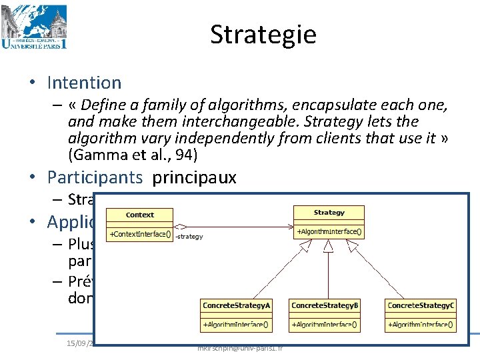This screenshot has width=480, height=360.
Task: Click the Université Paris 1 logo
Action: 34,27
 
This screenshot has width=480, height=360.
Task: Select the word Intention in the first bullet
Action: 84,83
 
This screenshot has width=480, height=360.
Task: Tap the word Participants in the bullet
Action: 95,177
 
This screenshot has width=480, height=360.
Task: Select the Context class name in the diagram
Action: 139,215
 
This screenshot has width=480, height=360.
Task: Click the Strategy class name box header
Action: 329,213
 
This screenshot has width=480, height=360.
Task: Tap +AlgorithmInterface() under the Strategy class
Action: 329,232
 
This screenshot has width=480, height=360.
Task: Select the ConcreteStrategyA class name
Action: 236,305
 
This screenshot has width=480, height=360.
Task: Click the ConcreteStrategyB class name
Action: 325,305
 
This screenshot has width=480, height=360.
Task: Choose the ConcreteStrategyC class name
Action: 421,305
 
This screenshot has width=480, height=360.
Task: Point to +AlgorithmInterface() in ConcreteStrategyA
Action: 236,325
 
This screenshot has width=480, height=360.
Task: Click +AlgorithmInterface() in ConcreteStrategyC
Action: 421,325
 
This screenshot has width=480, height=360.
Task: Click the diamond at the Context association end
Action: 180,226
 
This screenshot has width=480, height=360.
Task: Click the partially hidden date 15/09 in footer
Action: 79,343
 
